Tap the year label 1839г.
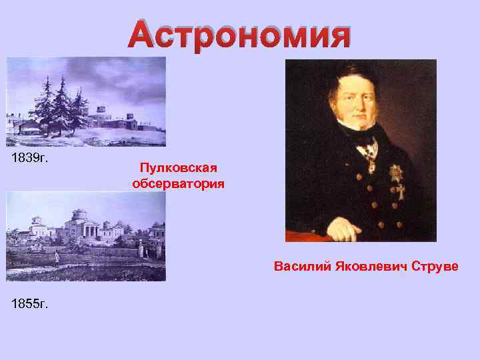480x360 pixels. [x=30, y=158]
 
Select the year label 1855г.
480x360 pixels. [x=30, y=304]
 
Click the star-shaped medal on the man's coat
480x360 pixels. [x=395, y=173]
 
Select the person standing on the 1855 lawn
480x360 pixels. [x=57, y=255]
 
